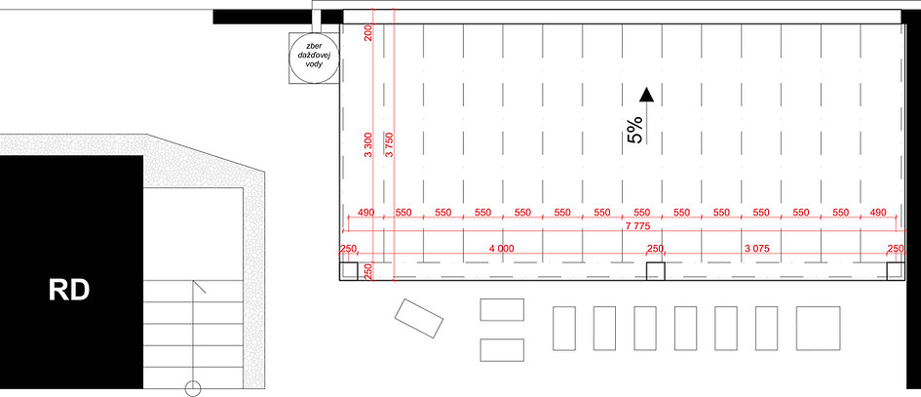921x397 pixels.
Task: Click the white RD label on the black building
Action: pyautogui.click(x=69, y=291)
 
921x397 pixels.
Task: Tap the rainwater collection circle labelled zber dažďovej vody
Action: pyautogui.click(x=314, y=58)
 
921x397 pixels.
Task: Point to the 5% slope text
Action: pyautogui.click(x=635, y=130)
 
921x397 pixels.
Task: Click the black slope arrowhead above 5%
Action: pyautogui.click(x=647, y=95)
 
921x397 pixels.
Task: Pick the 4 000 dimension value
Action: pyautogui.click(x=501, y=249)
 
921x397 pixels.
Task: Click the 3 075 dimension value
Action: pyautogui.click(x=757, y=249)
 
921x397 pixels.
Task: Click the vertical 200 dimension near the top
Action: pyautogui.click(x=368, y=34)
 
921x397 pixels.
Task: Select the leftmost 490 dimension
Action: pyautogui.click(x=365, y=213)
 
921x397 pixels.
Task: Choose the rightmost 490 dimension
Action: pyautogui.click(x=879, y=213)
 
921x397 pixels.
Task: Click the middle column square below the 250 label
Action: pyautogui.click(x=656, y=271)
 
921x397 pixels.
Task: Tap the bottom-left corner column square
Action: pyautogui.click(x=349, y=271)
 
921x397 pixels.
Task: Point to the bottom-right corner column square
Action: pyautogui.click(x=895, y=271)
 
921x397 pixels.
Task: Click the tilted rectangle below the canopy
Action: pyautogui.click(x=419, y=318)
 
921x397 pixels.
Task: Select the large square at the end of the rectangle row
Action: pyautogui.click(x=818, y=328)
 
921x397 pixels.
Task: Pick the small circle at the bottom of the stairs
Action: pyautogui.click(x=193, y=389)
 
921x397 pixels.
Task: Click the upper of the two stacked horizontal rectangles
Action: pyautogui.click(x=502, y=309)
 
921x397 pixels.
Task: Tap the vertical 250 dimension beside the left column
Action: pyautogui.click(x=368, y=271)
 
